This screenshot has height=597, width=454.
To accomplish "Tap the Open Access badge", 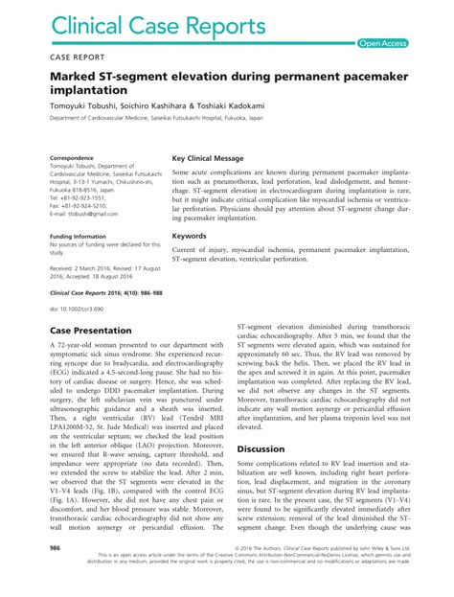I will pyautogui.click(x=383, y=43).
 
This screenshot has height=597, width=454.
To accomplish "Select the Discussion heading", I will pyautogui.click(x=261, y=448).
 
